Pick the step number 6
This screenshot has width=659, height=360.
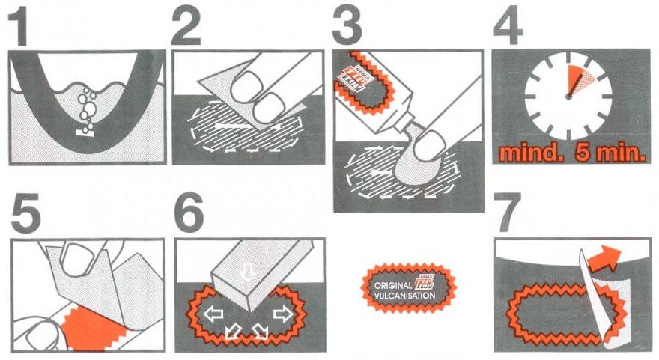(189, 217)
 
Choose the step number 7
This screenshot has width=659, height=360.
(508, 217)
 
